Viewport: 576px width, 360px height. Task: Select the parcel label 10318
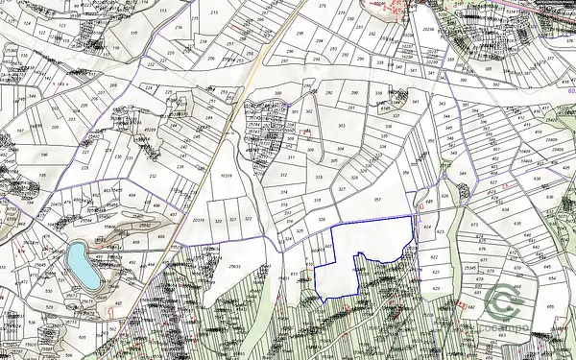227,177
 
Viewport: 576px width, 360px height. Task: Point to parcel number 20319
199,221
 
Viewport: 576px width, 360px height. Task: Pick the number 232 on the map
153,177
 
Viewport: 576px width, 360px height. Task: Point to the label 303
342,126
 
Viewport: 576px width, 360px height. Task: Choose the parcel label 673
474,225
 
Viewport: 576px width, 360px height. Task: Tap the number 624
428,229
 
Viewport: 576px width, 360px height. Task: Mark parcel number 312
284,176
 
